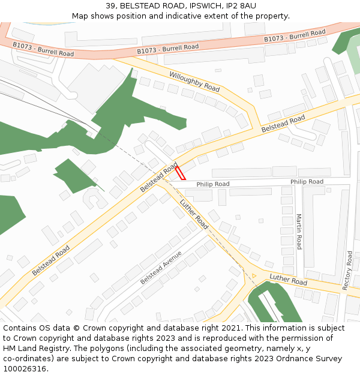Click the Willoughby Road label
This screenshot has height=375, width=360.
click(194, 81)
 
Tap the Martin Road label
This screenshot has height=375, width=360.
click(299, 232)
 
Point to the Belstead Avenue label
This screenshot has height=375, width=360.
click(160, 268)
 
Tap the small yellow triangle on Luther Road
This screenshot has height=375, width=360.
click(254, 276)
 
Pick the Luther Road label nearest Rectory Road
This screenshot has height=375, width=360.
click(288, 280)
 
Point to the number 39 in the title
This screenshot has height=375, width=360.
click(110, 5)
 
